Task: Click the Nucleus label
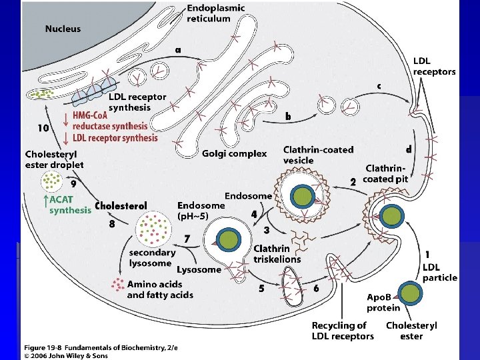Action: pos(63,29)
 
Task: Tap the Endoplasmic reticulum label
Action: pos(215,13)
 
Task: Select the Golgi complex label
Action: pos(234,154)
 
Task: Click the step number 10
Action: pos(43,127)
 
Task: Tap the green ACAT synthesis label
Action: pos(69,204)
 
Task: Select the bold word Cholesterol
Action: pos(121,205)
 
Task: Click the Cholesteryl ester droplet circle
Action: pos(52,180)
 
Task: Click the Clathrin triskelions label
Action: pos(277,254)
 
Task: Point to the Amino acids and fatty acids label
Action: pos(160,289)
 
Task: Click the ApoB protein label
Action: pos(383,302)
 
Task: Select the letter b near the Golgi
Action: pos(288,116)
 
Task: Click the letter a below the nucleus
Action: pos(178,49)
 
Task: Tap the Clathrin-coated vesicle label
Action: pos(318,155)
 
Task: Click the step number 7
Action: pos(187,238)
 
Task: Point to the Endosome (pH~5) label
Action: pos(201,211)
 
